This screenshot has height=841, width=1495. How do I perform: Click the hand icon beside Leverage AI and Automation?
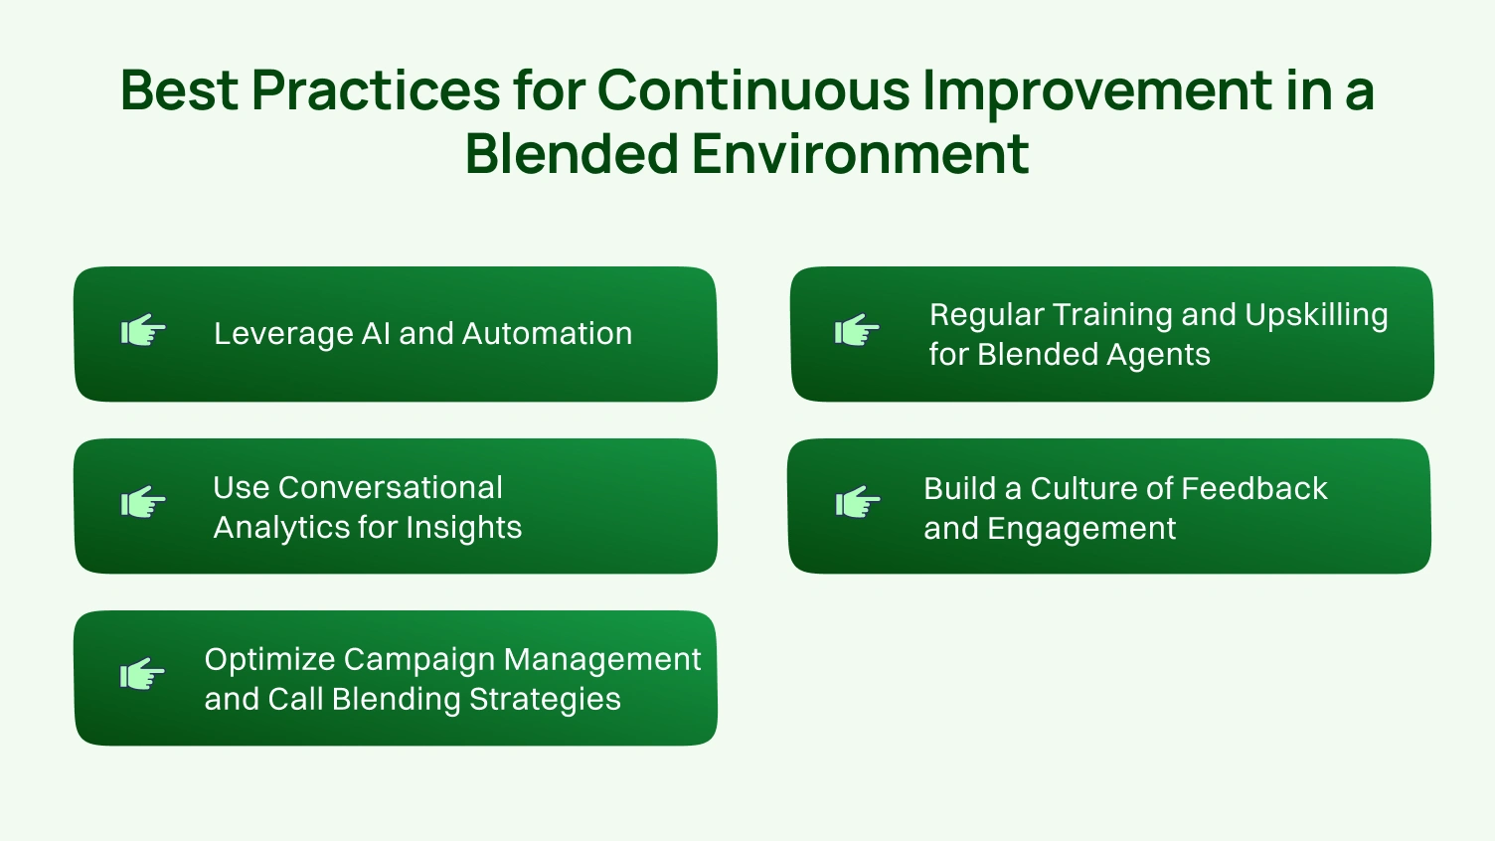point(143,331)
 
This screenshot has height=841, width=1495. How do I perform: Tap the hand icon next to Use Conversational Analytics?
point(143,503)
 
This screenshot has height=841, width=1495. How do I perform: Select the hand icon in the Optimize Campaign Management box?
point(143,675)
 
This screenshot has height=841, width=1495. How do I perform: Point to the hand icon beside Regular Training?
point(857,330)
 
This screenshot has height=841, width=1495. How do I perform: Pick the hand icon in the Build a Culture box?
point(858,503)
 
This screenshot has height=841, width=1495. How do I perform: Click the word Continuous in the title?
point(752,90)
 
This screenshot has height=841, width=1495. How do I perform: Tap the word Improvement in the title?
point(1096,90)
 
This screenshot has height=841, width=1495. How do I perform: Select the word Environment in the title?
point(860,154)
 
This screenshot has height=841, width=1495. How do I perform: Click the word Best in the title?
point(179,90)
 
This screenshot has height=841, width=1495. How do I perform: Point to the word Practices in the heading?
point(375,90)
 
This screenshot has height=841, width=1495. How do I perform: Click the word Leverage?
point(282,334)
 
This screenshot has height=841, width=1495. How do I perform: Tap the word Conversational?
point(391,488)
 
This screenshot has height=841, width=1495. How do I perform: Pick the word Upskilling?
point(1316,316)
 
